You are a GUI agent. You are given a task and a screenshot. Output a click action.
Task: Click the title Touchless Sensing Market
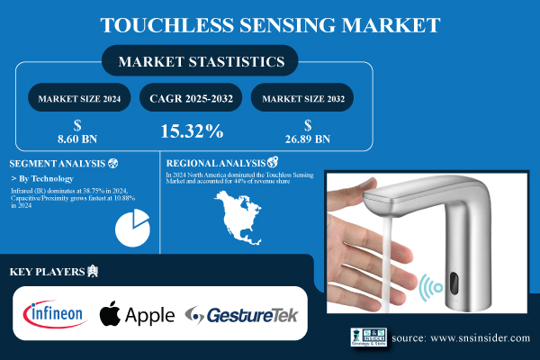pyautogui.click(x=270, y=24)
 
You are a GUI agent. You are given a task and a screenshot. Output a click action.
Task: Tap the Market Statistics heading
pyautogui.click(x=200, y=62)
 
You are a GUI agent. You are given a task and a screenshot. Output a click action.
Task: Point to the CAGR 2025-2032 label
pyautogui.click(x=191, y=97)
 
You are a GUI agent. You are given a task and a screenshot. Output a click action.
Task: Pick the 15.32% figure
pyautogui.click(x=192, y=131)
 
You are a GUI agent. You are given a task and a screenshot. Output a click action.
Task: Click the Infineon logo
pyautogui.click(x=54, y=314)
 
